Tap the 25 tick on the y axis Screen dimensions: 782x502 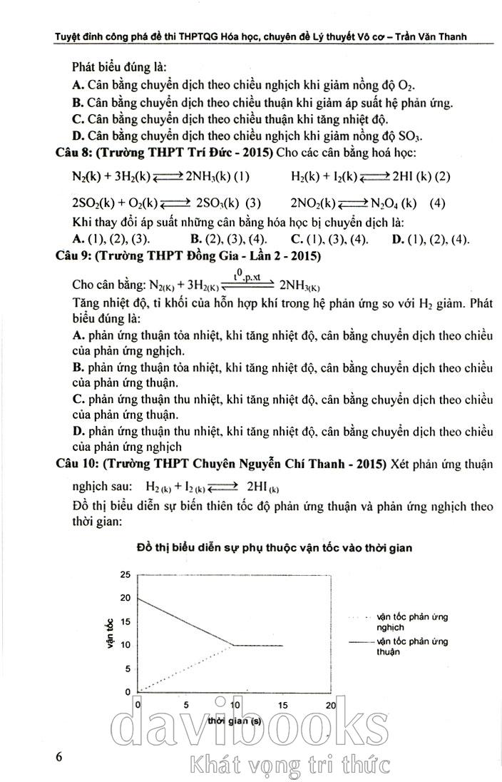click(x=125, y=574)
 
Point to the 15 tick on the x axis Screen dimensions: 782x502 click(x=282, y=705)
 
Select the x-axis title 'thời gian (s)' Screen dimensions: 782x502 click(x=234, y=720)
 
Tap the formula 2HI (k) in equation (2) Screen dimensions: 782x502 click(x=409, y=176)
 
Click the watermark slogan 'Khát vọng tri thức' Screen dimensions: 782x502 click(x=287, y=765)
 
